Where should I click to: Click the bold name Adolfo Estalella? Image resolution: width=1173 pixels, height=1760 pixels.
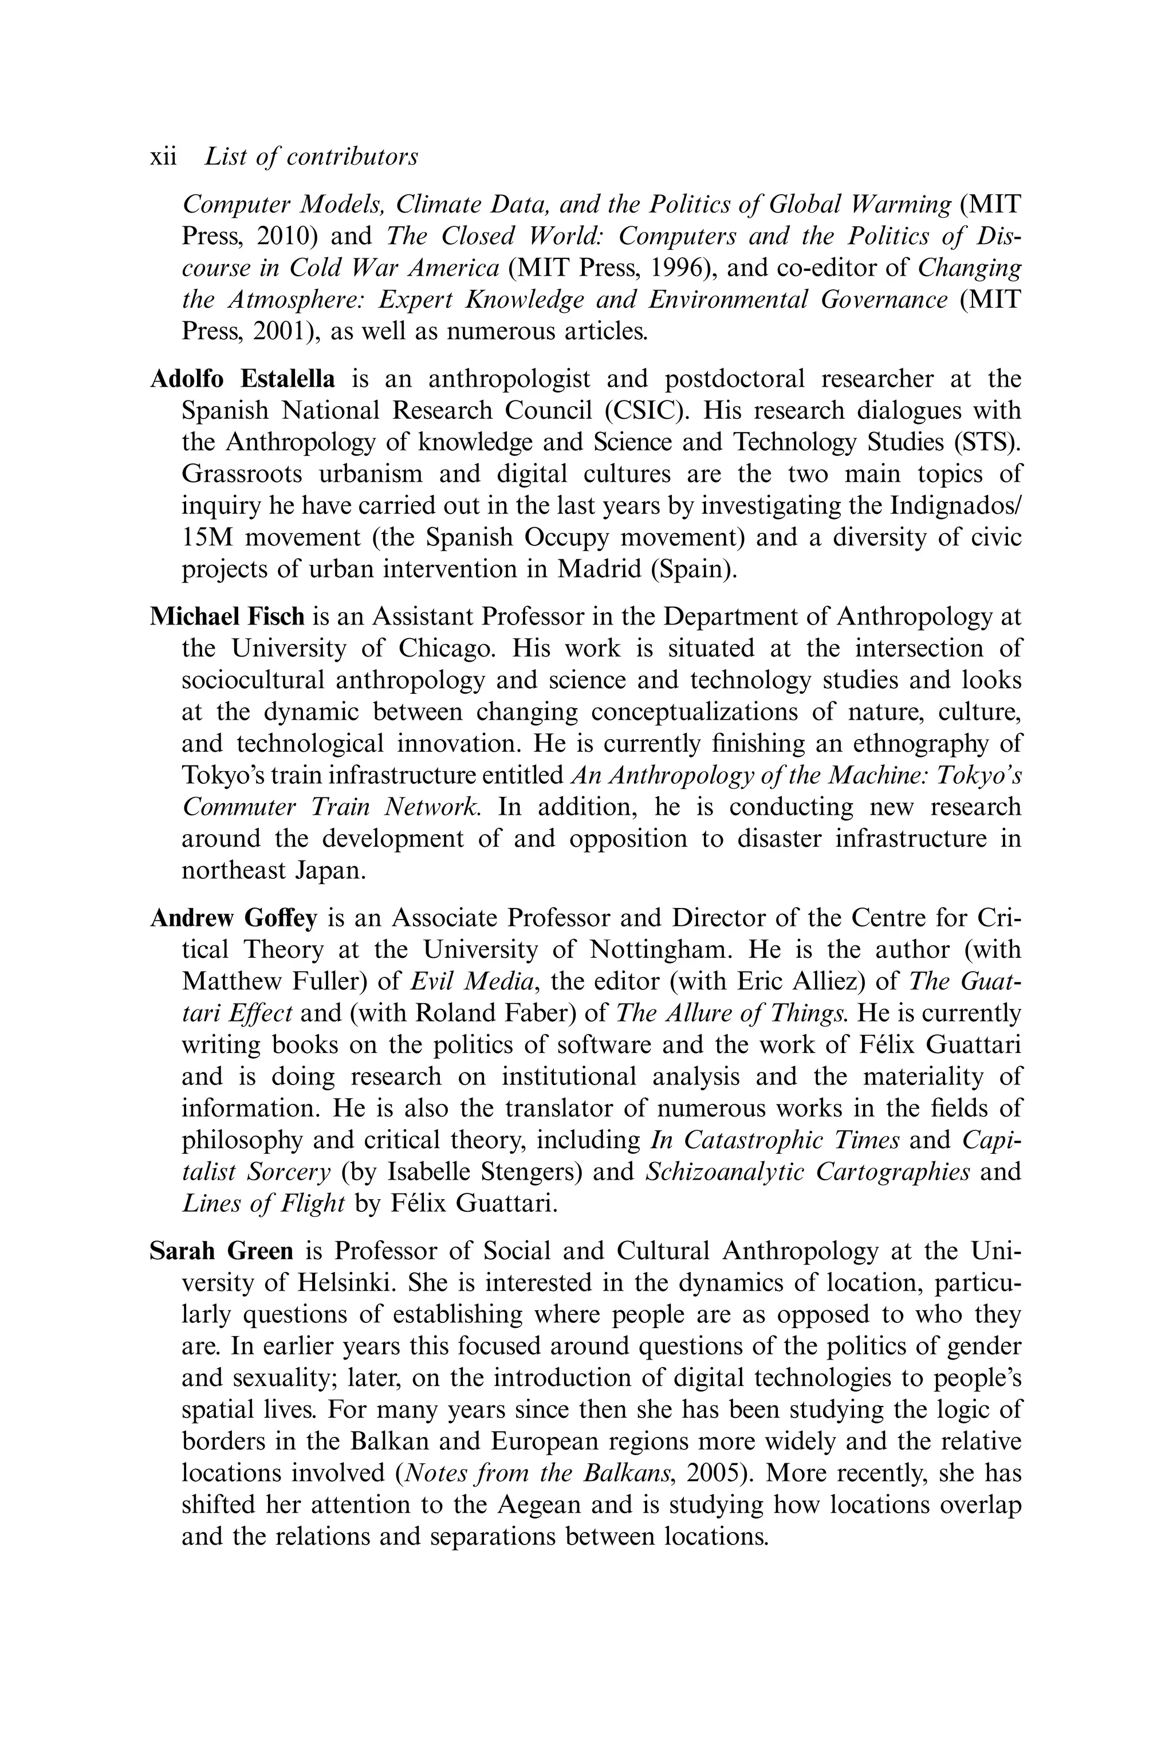[x=242, y=379]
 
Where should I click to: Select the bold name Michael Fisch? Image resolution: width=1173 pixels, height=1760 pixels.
[x=227, y=616]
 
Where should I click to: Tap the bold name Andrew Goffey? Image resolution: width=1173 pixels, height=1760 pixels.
[x=234, y=918]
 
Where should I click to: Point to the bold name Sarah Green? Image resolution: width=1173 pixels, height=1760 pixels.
[x=222, y=1251]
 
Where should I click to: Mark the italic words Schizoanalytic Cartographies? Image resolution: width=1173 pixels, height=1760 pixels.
[x=807, y=1171]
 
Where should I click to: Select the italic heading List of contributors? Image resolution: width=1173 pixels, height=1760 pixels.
[x=311, y=157]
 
